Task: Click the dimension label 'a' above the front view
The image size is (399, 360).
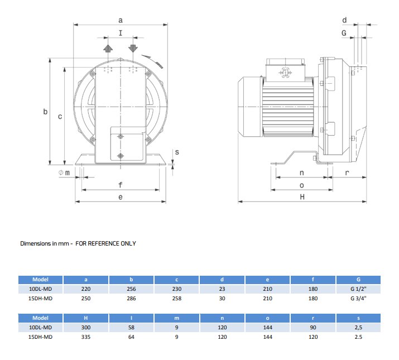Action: (x=121, y=20)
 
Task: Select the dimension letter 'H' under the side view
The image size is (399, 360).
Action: (x=302, y=196)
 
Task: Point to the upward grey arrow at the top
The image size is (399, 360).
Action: (x=109, y=48)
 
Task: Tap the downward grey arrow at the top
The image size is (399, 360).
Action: (x=133, y=48)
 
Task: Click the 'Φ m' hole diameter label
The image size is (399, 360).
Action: (x=64, y=172)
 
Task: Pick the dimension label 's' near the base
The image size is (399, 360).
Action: (x=177, y=152)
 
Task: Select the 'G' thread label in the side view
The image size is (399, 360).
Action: (x=344, y=33)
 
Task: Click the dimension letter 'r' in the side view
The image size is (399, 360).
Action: (x=347, y=172)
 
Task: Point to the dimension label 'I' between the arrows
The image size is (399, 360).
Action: (x=121, y=34)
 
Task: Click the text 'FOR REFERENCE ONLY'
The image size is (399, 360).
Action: (x=105, y=243)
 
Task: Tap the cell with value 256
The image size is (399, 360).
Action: (x=132, y=289)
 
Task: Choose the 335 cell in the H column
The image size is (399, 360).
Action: (x=86, y=337)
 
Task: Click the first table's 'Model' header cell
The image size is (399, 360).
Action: (x=41, y=280)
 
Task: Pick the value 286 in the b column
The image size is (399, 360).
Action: (x=132, y=299)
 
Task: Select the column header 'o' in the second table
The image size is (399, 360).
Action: (x=268, y=318)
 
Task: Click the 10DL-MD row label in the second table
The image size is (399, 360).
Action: (x=41, y=327)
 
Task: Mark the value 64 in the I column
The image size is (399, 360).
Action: (x=132, y=337)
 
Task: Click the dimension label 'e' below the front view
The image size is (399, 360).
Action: (x=121, y=197)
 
